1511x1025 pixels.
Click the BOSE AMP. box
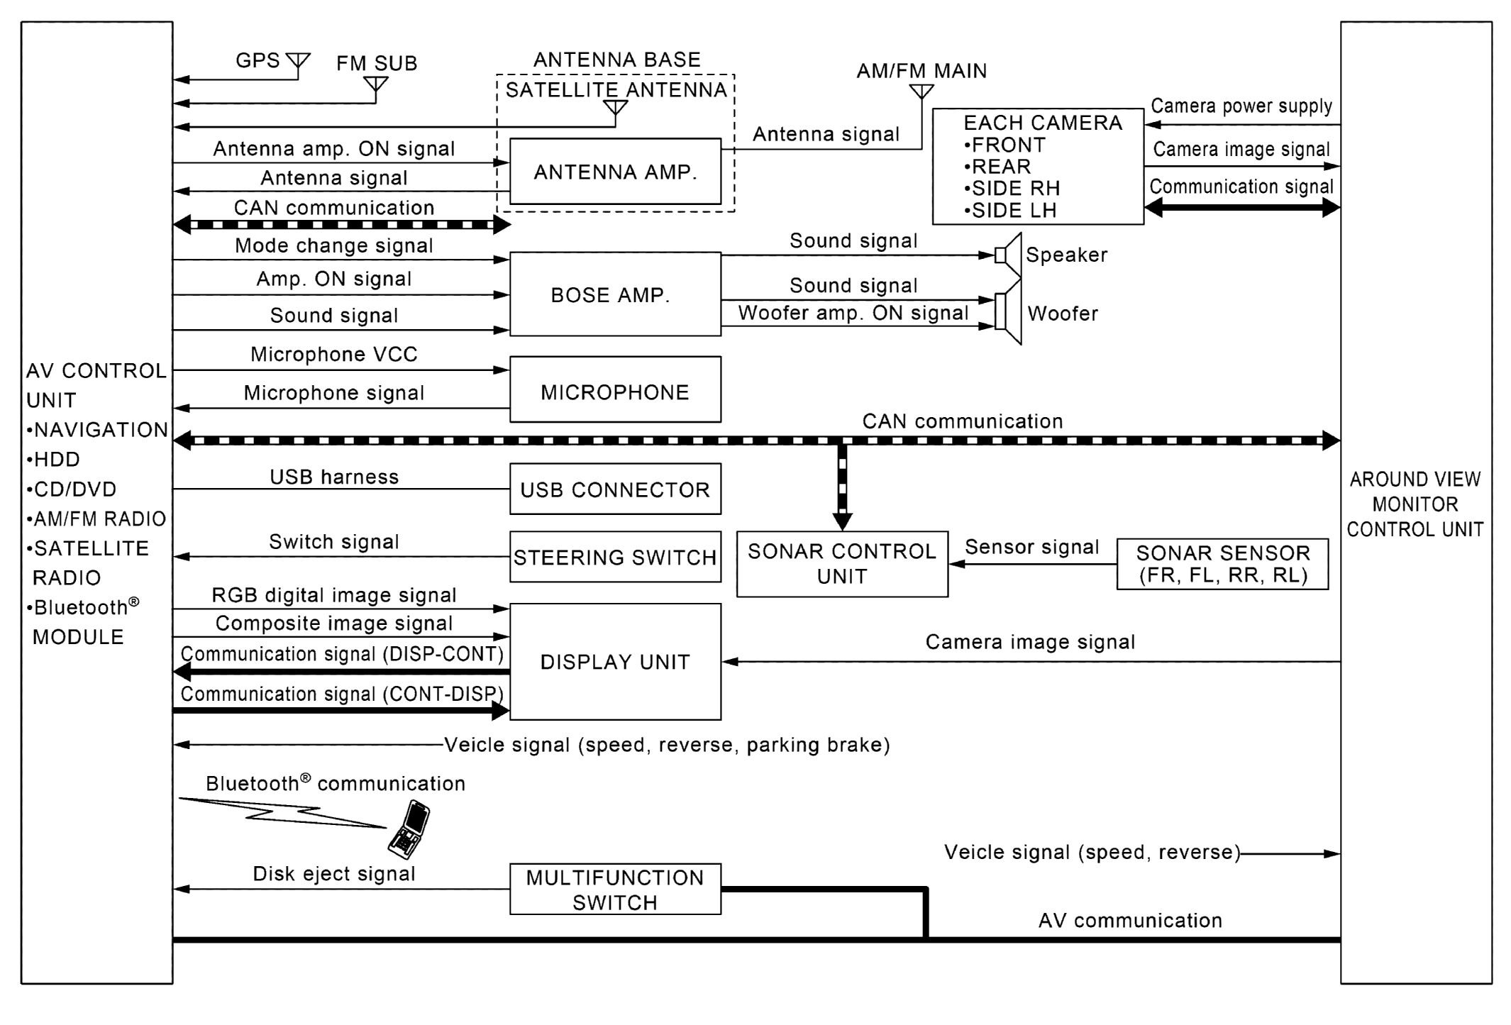pyautogui.click(x=615, y=294)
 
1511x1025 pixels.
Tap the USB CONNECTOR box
pyautogui.click(x=615, y=489)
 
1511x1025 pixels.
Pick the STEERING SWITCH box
pyautogui.click(x=615, y=557)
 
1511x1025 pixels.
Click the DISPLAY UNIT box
pyautogui.click(x=615, y=661)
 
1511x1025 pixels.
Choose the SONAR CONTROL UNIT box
pyautogui.click(x=842, y=564)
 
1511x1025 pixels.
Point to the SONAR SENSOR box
pyautogui.click(x=1222, y=564)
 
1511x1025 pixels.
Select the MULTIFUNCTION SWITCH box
pyautogui.click(x=615, y=889)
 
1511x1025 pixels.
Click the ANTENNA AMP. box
pyautogui.click(x=615, y=172)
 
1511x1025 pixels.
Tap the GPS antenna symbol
pyautogui.click(x=298, y=62)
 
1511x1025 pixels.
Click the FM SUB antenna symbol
pyautogui.click(x=375, y=85)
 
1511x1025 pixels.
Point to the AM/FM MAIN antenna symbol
pyautogui.click(x=921, y=92)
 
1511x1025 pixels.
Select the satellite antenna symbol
pyautogui.click(x=615, y=108)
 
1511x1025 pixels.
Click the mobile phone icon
pyautogui.click(x=409, y=829)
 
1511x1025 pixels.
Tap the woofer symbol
pyautogui.click(x=1007, y=312)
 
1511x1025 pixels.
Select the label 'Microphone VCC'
pyautogui.click(x=334, y=354)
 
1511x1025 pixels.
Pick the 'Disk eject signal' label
pyautogui.click(x=334, y=873)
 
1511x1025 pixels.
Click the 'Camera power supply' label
pyautogui.click(x=1241, y=106)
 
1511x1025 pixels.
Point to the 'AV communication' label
pyautogui.click(x=1130, y=920)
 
